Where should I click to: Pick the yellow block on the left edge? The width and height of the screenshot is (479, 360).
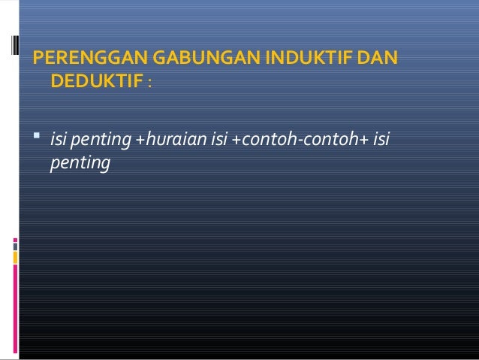14,258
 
